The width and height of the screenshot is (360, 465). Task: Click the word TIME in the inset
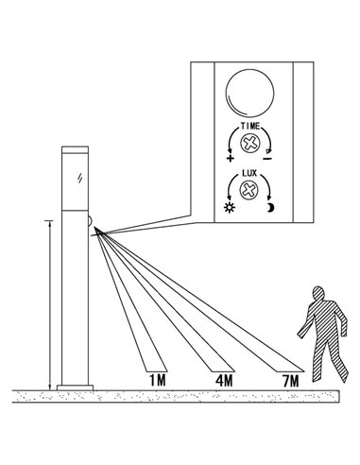(250, 127)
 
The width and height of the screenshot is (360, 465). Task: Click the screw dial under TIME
(250, 146)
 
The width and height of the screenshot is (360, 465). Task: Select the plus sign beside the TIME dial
(231, 158)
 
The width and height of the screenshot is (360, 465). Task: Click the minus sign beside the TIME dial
(270, 158)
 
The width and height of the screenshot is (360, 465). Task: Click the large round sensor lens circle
(250, 95)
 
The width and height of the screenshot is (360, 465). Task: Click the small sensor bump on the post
(90, 223)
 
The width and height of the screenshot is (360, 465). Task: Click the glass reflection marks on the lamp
(80, 178)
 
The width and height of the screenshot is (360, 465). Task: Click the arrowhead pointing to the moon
(265, 196)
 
